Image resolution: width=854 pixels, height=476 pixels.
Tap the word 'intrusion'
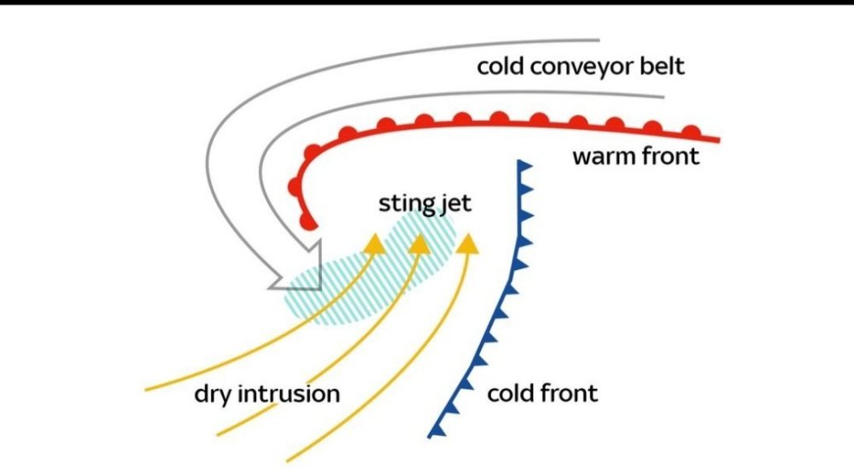pos(290,394)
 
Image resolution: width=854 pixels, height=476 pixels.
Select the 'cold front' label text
pos(542,393)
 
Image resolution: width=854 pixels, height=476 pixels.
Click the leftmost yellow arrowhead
pos(375,244)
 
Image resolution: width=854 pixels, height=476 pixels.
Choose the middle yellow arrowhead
pos(419,244)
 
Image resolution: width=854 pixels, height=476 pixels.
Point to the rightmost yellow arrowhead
pos(467,244)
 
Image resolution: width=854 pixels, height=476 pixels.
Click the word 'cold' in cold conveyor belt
pos(500,67)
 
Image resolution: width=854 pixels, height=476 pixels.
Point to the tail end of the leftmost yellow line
pos(145,390)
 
